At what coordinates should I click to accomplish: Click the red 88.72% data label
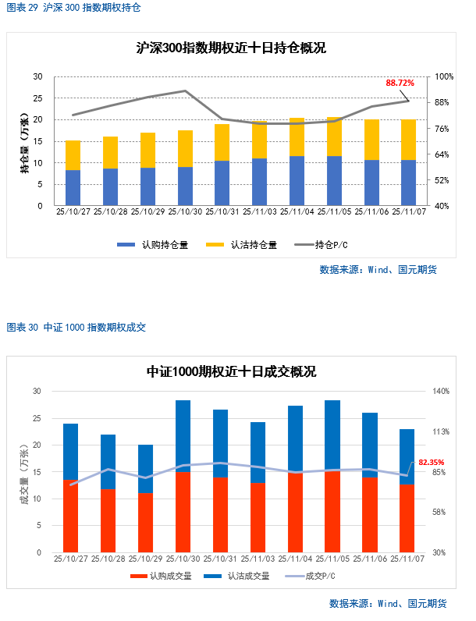tap(400, 82)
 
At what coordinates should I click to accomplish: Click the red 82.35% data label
tap(431, 463)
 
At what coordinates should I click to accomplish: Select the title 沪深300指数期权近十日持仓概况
tap(230, 48)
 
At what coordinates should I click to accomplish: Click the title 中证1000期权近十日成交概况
tap(231, 372)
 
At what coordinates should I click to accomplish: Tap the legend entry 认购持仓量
tap(152, 244)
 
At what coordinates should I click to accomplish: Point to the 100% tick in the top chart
tap(443, 76)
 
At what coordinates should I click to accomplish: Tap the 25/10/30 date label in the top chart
tap(185, 211)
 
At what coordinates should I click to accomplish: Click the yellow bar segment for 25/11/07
tap(408, 140)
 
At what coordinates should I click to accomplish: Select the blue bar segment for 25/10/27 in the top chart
tap(73, 188)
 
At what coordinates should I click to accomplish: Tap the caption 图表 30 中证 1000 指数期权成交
tap(76, 328)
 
